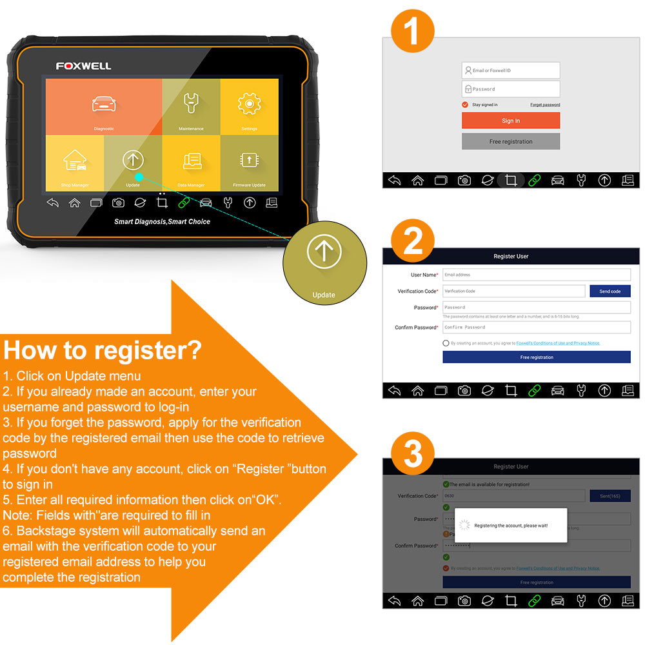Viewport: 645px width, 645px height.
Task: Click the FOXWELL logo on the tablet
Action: pyautogui.click(x=83, y=66)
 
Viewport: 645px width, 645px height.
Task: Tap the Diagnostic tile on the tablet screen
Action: pyautogui.click(x=103, y=107)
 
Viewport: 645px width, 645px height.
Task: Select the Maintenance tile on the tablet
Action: pyautogui.click(x=191, y=107)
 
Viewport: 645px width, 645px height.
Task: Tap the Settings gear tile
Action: pyautogui.click(x=250, y=107)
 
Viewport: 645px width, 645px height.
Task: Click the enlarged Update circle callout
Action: pyautogui.click(x=324, y=261)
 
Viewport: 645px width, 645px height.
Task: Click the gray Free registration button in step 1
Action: pyautogui.click(x=511, y=141)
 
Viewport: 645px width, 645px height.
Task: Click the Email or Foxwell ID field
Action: pyautogui.click(x=511, y=70)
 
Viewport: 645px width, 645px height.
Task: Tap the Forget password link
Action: pyautogui.click(x=545, y=104)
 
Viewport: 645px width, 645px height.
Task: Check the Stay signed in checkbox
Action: pyautogui.click(x=465, y=104)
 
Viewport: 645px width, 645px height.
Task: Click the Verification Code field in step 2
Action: pyautogui.click(x=513, y=291)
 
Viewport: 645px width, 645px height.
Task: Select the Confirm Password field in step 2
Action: pyautogui.click(x=536, y=327)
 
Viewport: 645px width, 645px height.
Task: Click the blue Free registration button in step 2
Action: pyautogui.click(x=536, y=357)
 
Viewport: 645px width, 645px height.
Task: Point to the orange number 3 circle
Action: pyautogui.click(x=413, y=454)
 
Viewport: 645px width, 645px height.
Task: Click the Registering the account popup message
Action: pyautogui.click(x=510, y=525)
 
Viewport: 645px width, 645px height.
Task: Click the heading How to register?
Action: pyautogui.click(x=103, y=350)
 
